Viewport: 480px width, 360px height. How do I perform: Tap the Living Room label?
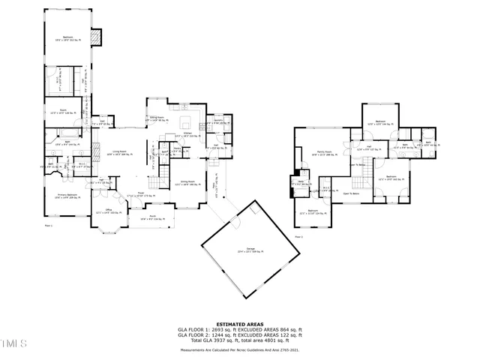point(118,154)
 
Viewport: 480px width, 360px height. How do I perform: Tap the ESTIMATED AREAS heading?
point(239,324)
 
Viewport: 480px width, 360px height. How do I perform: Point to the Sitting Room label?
point(157,118)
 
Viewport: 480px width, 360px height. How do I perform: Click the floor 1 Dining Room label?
point(189,182)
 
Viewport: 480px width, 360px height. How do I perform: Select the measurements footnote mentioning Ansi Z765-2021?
point(239,349)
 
